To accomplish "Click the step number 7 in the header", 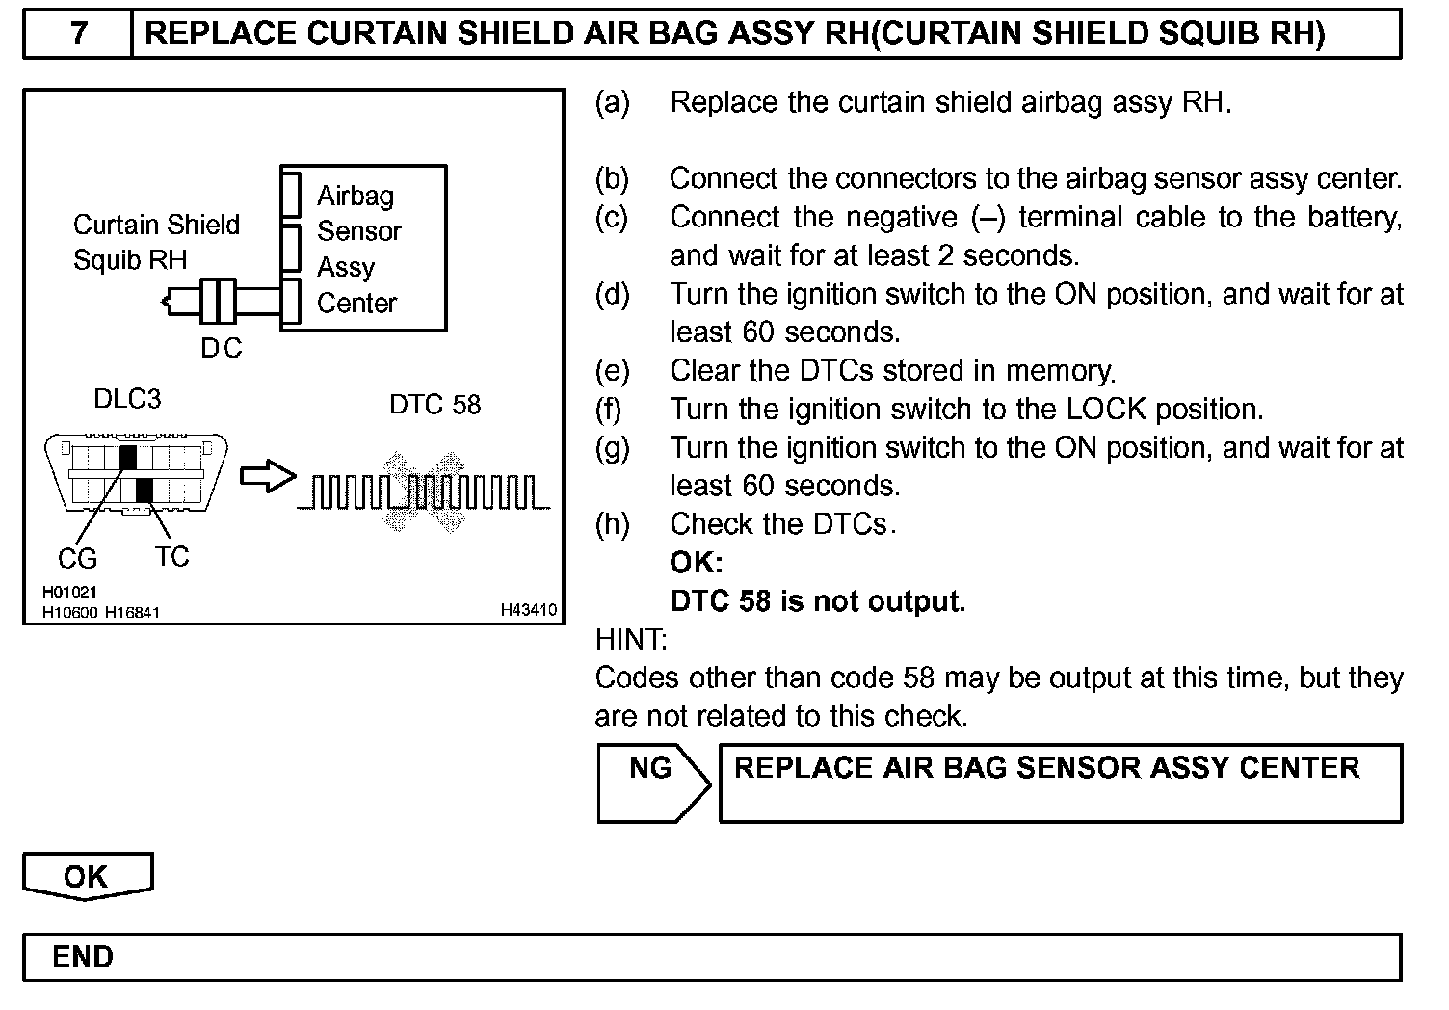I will pos(79,34).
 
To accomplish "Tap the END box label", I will pos(83,957).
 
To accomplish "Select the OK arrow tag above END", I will pos(87,876).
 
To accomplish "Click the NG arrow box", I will pos(652,782).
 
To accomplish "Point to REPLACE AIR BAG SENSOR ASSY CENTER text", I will pos(1046,768).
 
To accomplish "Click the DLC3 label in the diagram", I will pos(127,399).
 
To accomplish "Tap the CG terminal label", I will pos(78,558).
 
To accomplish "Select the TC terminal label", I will pos(171,557).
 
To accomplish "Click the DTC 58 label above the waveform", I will pos(435,405).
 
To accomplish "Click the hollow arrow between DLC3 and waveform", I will pos(267,475).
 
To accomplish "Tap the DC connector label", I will pos(222,348).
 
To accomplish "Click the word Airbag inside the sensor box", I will pos(356,197).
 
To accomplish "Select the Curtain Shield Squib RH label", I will pos(156,242).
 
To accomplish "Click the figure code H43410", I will pos(528,610).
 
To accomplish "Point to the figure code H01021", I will pos(69,593).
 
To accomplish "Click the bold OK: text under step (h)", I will pos(696,563).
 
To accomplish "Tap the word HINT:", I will pos(631,639).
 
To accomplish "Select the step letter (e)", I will pos(613,371).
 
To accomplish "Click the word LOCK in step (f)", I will pos(1106,410).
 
